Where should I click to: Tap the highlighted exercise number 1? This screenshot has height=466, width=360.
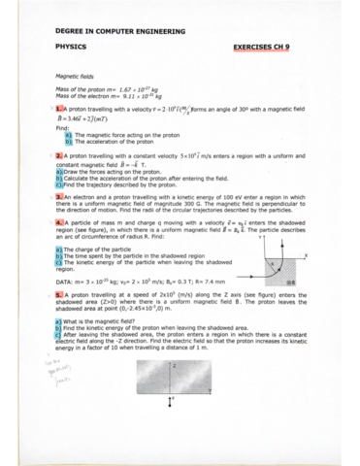pos(60,110)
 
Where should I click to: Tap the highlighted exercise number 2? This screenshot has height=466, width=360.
pos(60,155)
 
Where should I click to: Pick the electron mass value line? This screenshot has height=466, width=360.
pos(106,95)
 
